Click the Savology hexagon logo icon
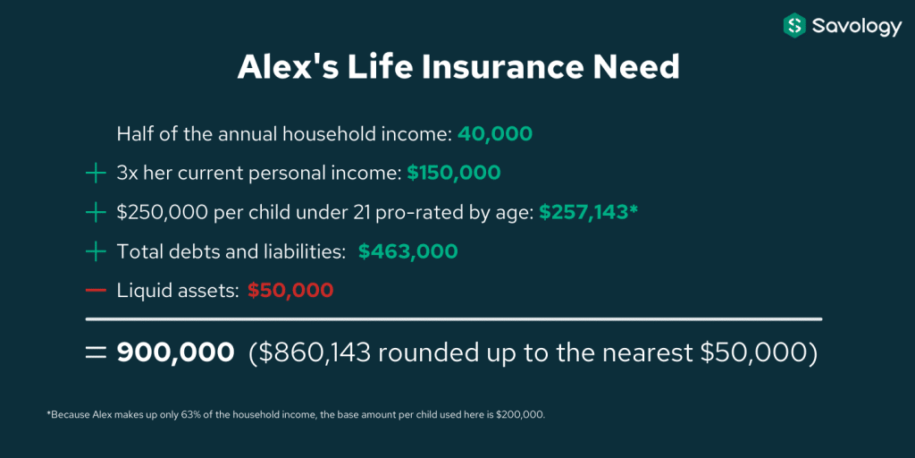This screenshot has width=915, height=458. coord(794,26)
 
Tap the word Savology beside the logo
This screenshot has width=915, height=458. coord(856,27)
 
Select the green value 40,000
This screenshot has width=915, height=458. coord(495,134)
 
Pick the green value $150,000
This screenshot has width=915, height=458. coord(454,173)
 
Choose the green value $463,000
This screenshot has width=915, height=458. coord(408,251)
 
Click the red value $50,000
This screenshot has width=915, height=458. coord(290,291)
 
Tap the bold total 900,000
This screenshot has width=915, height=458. coord(176,352)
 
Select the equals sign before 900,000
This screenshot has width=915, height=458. coord(96,352)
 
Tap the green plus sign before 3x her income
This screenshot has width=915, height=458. coord(96,173)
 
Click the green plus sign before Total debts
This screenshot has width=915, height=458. coord(96,251)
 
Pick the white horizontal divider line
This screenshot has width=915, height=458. coord(453,318)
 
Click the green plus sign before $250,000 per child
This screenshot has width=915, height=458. coord(96,212)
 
